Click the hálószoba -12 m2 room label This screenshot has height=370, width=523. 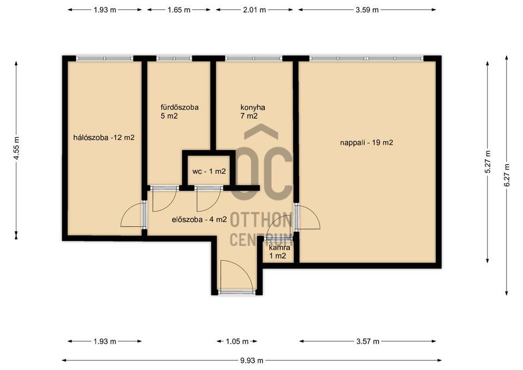[x=104, y=137]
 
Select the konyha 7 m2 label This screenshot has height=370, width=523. [x=253, y=112]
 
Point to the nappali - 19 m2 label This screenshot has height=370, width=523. [x=367, y=143]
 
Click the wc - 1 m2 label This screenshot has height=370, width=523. [x=209, y=172]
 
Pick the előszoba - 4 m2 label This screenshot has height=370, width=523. [x=199, y=220]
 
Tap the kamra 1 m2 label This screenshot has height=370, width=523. [x=279, y=252]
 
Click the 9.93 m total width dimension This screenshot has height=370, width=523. [x=252, y=361]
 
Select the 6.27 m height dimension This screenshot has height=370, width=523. [x=507, y=175]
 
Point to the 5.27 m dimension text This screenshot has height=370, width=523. [x=488, y=162]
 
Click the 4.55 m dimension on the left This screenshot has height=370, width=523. [x=17, y=148]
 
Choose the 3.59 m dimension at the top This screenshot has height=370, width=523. [x=367, y=10]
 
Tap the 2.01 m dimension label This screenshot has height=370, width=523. [x=254, y=10]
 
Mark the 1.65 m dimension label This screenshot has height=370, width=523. [x=179, y=10]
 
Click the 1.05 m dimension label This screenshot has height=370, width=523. [x=237, y=341]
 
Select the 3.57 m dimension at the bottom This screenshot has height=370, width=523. [x=367, y=341]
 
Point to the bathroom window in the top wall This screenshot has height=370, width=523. [x=174, y=58]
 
